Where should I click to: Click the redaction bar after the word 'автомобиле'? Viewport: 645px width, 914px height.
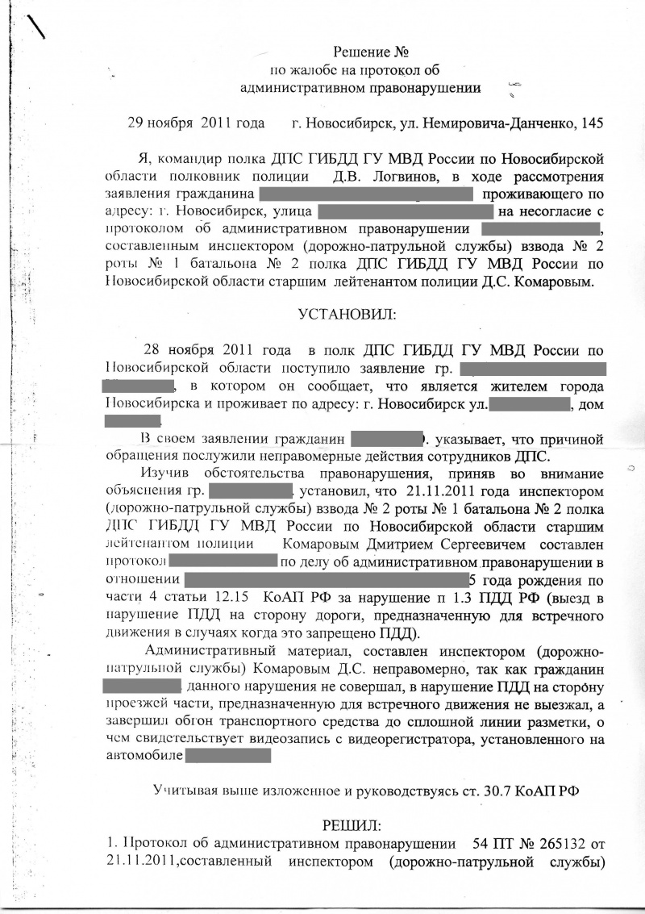(228, 756)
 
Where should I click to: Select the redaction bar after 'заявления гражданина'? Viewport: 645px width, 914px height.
(365, 194)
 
